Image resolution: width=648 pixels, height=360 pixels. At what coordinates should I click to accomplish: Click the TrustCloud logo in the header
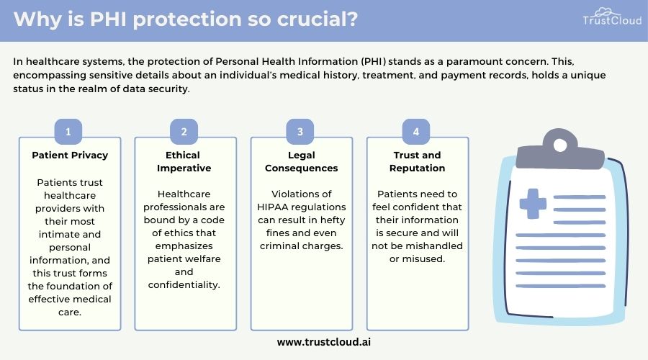tap(612, 17)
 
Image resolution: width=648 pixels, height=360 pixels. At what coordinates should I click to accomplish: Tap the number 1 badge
tap(68, 132)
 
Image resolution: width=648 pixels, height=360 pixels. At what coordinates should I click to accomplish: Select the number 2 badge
tap(184, 132)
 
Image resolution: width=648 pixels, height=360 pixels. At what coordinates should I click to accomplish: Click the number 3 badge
tap(300, 132)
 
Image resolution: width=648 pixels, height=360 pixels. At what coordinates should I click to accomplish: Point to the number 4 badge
tap(416, 132)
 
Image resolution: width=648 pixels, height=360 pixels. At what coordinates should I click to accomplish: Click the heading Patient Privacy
tap(70, 155)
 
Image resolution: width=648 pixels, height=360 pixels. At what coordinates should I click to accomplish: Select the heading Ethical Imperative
tap(184, 161)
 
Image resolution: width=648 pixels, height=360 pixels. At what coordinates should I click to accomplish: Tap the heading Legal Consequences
tap(301, 161)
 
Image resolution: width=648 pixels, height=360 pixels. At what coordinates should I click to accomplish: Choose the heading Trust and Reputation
tap(418, 161)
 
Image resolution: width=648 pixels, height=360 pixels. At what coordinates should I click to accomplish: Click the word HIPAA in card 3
tap(272, 207)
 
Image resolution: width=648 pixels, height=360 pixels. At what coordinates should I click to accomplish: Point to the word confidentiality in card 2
tap(184, 285)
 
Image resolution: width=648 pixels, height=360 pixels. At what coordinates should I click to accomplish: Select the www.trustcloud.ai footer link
tap(324, 342)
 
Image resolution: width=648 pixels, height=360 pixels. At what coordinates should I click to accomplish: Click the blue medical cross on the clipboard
tap(533, 203)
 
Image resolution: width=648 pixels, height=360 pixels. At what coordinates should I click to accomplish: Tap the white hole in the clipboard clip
tap(560, 145)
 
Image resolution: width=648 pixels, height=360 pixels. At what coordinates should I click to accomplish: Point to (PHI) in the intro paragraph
tap(374, 62)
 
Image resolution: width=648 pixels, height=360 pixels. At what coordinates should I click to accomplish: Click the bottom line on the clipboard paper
tap(561, 286)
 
